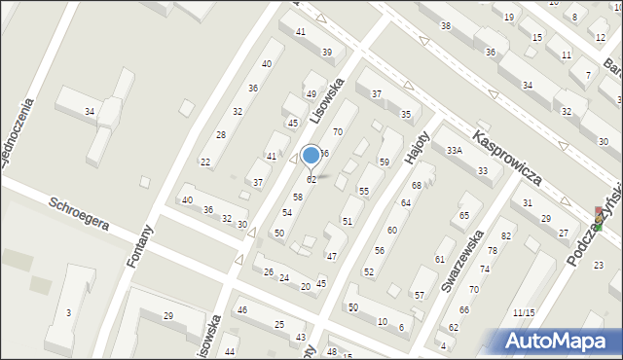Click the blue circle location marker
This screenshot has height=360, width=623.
coord(311,155)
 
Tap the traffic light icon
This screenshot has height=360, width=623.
coord(598,219)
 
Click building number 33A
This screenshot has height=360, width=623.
coord(454,151)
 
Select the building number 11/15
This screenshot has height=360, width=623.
coord(524,312)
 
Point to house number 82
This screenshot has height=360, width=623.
coord(506,236)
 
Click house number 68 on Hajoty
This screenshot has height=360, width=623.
coord(416,185)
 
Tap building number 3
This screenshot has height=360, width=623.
coord(68,312)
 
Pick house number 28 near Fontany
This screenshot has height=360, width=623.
coord(221,134)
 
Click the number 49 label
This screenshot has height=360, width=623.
coord(311,94)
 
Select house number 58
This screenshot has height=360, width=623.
coord(298,197)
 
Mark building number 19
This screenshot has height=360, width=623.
coord(509,18)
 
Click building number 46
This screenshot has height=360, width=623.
coord(242,309)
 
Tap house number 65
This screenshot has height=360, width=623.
coord(464,215)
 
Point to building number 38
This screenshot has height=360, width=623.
coord(446,25)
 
